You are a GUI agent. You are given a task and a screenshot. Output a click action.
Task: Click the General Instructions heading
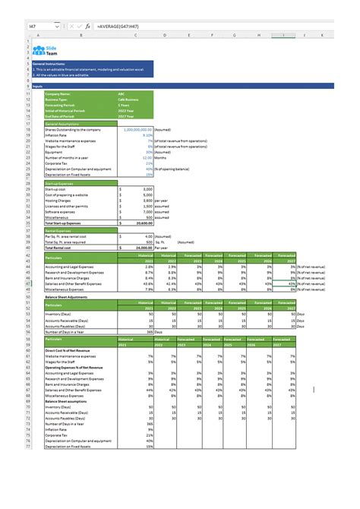[65, 65]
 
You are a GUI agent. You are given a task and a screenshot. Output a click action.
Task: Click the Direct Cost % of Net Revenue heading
[73, 350]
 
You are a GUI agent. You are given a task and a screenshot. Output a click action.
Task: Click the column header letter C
[134, 35]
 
